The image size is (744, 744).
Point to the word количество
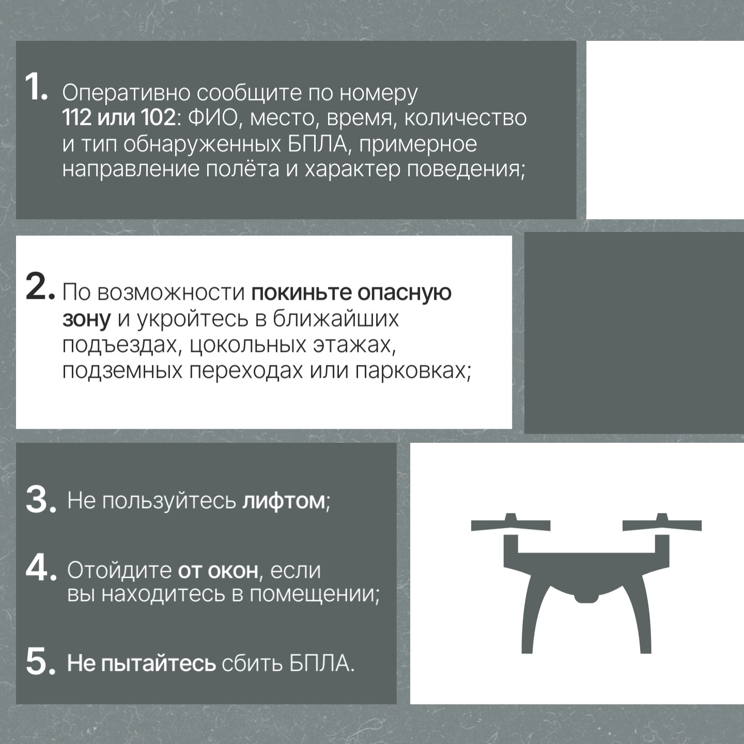[465, 118]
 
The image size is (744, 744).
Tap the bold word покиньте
[301, 292]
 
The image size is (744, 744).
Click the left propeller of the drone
[510, 523]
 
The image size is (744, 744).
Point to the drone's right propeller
[662, 523]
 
